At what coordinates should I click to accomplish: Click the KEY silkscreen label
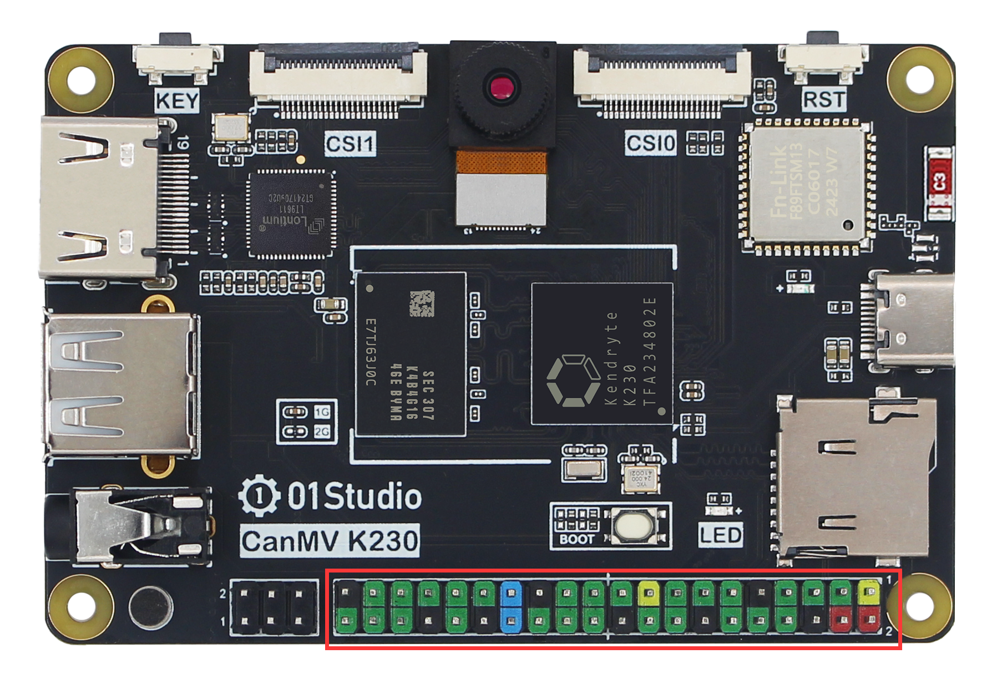pyautogui.click(x=177, y=101)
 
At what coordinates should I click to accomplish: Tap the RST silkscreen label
pyautogui.click(x=823, y=100)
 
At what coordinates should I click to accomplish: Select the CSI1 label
pyautogui.click(x=350, y=144)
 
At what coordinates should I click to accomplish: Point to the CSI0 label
pyautogui.click(x=650, y=143)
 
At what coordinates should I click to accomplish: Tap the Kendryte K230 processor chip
pyautogui.click(x=602, y=353)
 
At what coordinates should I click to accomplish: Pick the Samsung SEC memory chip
pyautogui.click(x=410, y=353)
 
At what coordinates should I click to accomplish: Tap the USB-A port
pyautogui.click(x=119, y=384)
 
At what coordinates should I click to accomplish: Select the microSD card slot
pyautogui.click(x=854, y=477)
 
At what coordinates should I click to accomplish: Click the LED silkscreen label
pyautogui.click(x=720, y=535)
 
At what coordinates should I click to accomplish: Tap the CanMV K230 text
pyautogui.click(x=330, y=541)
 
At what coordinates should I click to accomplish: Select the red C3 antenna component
pyautogui.click(x=939, y=183)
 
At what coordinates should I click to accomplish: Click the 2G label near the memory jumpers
pyautogui.click(x=322, y=432)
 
